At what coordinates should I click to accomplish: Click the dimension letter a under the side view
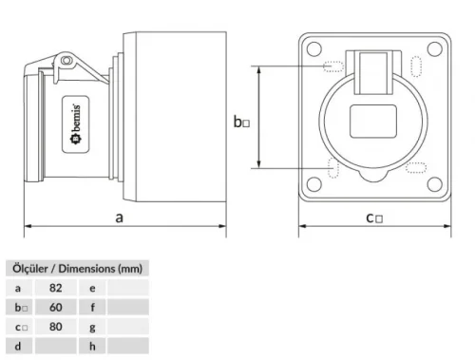(121, 217)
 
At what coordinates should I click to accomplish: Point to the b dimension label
(242, 122)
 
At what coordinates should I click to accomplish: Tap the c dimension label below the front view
(373, 218)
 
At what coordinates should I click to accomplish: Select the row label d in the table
(18, 347)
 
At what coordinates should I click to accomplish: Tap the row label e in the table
(92, 287)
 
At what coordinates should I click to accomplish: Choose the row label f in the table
(92, 307)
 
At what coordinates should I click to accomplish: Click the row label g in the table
(92, 327)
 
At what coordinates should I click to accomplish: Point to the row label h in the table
(92, 347)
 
